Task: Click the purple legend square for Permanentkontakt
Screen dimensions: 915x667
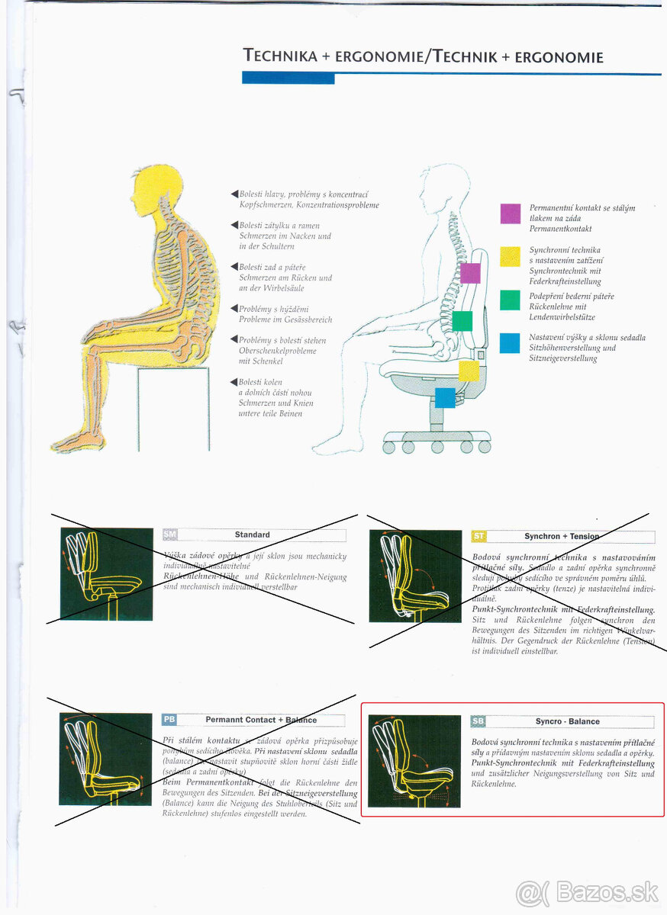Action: point(511,213)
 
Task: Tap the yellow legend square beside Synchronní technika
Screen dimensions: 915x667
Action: point(511,256)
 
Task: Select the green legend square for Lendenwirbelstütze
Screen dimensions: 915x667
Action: point(511,300)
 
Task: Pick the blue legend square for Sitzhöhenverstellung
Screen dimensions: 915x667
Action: point(511,343)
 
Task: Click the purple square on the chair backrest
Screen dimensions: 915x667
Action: point(470,273)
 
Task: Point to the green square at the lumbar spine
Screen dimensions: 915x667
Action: point(462,321)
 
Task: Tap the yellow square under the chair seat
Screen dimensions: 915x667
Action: point(469,371)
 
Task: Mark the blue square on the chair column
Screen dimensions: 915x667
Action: point(445,397)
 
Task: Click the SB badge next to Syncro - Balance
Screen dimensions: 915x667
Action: point(478,721)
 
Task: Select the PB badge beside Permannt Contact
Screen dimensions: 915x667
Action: point(169,720)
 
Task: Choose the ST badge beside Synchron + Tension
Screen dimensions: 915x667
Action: point(479,536)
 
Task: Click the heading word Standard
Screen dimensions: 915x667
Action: point(252,535)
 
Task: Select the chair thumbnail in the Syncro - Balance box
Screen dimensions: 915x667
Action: point(414,760)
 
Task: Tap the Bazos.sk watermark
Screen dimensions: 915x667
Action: point(586,891)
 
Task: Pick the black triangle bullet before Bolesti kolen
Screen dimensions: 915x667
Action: point(234,382)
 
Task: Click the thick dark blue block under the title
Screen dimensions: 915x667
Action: point(288,77)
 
